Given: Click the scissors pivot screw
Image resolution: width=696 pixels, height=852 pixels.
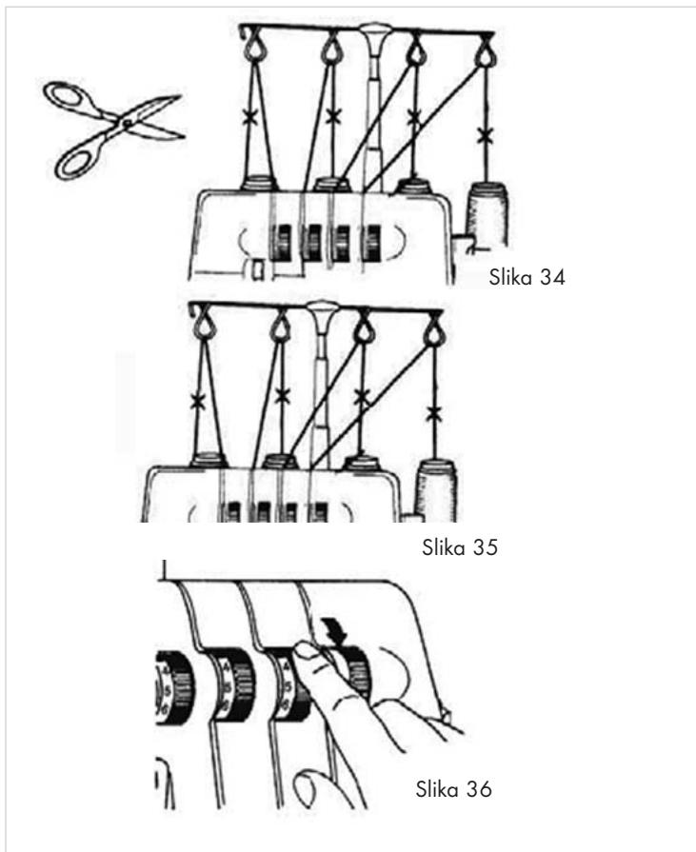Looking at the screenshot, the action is click(x=126, y=124).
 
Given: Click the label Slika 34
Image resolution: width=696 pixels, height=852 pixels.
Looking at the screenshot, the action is click(x=527, y=277).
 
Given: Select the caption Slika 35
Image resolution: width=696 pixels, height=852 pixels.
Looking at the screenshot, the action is click(x=460, y=547).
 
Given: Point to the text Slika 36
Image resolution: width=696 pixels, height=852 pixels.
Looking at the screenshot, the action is click(x=453, y=788).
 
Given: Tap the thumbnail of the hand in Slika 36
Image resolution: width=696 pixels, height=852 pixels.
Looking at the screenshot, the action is click(x=306, y=650).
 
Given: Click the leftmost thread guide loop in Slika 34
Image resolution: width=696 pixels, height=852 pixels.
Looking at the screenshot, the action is click(x=252, y=48).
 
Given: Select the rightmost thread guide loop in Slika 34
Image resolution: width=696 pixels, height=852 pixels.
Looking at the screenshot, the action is click(x=485, y=52).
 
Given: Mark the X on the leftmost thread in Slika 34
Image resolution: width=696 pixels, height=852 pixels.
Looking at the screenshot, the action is click(x=249, y=117).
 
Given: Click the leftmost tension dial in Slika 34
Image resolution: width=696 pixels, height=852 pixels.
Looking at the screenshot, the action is click(x=282, y=241).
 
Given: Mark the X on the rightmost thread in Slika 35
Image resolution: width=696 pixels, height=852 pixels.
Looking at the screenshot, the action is click(x=432, y=415).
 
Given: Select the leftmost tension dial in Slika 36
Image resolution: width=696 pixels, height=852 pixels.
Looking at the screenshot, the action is click(x=172, y=687).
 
